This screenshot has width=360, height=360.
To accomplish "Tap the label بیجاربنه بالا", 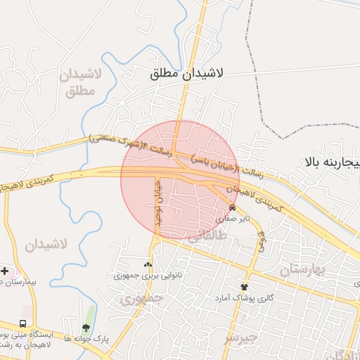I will (x=332, y=163).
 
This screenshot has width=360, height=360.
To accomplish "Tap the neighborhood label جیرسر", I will (x=242, y=337).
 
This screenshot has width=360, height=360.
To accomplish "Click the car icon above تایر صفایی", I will (x=233, y=207).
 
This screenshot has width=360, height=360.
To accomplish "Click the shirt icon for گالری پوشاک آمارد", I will (x=245, y=287).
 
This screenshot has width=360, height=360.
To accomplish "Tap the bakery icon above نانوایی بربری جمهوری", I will (x=148, y=264).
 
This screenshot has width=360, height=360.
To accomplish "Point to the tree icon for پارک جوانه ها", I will (x=86, y=327).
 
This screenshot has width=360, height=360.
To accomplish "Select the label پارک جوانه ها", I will (x=86, y=338).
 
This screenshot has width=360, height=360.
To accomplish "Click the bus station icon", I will (x=24, y=324).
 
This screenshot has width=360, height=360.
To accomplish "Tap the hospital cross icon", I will (x=5, y=270).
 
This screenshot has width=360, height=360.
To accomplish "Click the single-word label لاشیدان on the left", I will (x=46, y=245).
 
